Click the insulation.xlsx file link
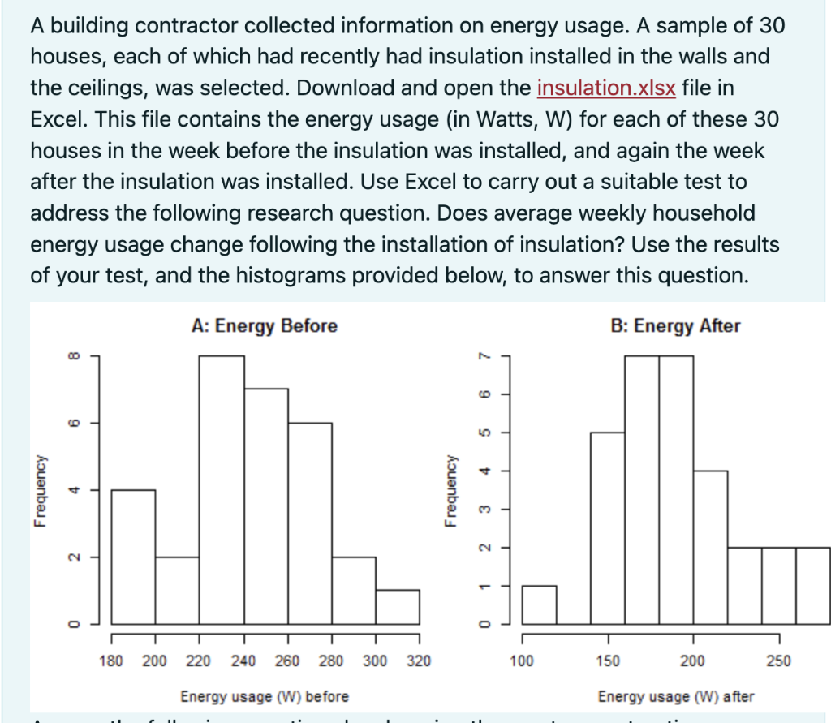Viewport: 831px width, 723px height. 606,88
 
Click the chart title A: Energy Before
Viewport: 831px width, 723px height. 265,326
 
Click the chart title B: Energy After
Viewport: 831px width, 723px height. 675,326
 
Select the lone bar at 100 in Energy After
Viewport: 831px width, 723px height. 539,605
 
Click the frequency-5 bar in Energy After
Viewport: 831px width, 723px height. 607,527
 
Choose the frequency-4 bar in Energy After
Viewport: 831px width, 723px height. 710,547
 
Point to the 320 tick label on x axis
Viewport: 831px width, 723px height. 419,661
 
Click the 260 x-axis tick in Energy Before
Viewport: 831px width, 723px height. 287,661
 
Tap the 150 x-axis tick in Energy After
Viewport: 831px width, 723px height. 608,661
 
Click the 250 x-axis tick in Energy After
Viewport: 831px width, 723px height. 779,661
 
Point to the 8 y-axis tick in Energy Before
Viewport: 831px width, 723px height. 74,355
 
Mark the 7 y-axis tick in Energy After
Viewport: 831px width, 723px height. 484,355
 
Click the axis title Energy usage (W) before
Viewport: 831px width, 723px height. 265,697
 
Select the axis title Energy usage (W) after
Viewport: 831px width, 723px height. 675,697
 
